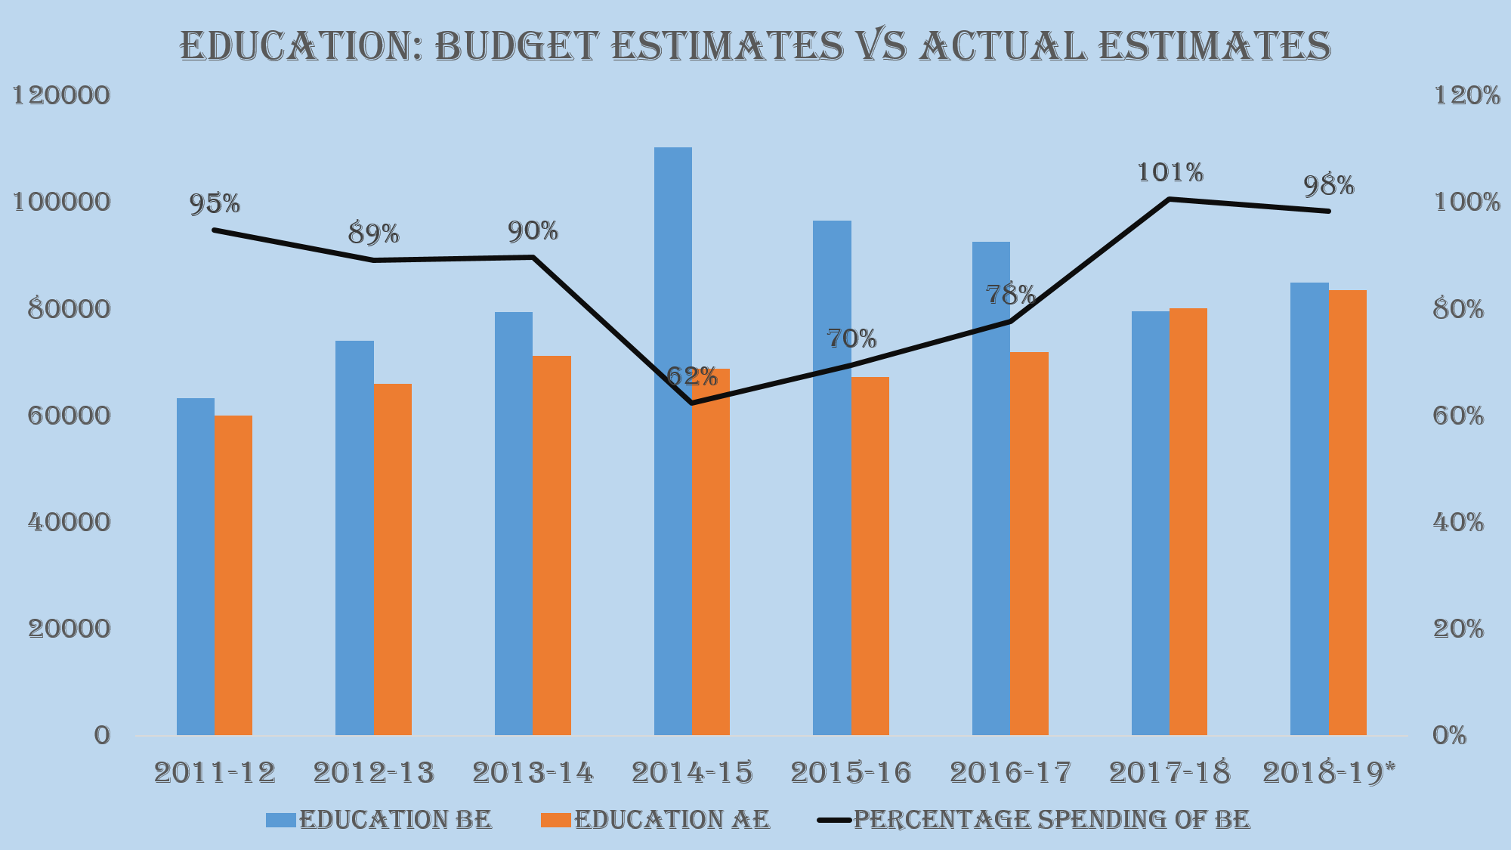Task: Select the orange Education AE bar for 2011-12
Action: point(233,575)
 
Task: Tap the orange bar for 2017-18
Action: point(1188,521)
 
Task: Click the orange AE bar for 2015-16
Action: point(870,556)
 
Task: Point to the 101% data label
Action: point(1170,173)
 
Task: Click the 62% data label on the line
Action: point(691,376)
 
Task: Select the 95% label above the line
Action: point(215,203)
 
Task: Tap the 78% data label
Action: point(1010,295)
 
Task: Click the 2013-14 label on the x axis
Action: point(533,773)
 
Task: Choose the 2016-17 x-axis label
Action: point(1010,773)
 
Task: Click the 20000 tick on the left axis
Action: point(69,629)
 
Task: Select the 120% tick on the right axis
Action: point(1466,96)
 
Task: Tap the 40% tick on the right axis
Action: point(1458,522)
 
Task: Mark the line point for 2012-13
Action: point(374,260)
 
